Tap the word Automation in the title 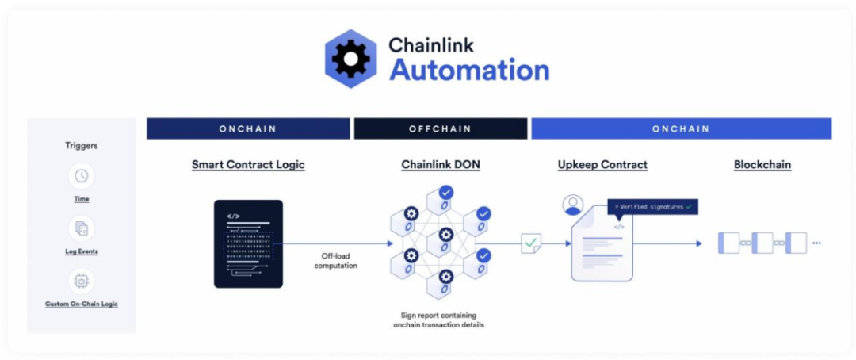tap(469, 70)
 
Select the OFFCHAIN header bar tap(440, 128)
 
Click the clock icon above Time tap(82, 176)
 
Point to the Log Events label tap(82, 251)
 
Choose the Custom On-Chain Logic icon tap(82, 281)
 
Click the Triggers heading tap(82, 146)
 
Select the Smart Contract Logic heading tap(248, 165)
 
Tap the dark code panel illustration tap(248, 243)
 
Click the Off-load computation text tap(335, 261)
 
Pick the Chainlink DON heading tap(440, 165)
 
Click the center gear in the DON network tap(445, 235)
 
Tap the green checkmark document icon tap(530, 243)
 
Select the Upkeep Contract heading tap(602, 165)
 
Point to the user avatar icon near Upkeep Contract tap(572, 205)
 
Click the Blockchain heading tap(762, 165)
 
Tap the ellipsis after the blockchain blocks tap(816, 243)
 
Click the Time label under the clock tap(82, 199)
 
